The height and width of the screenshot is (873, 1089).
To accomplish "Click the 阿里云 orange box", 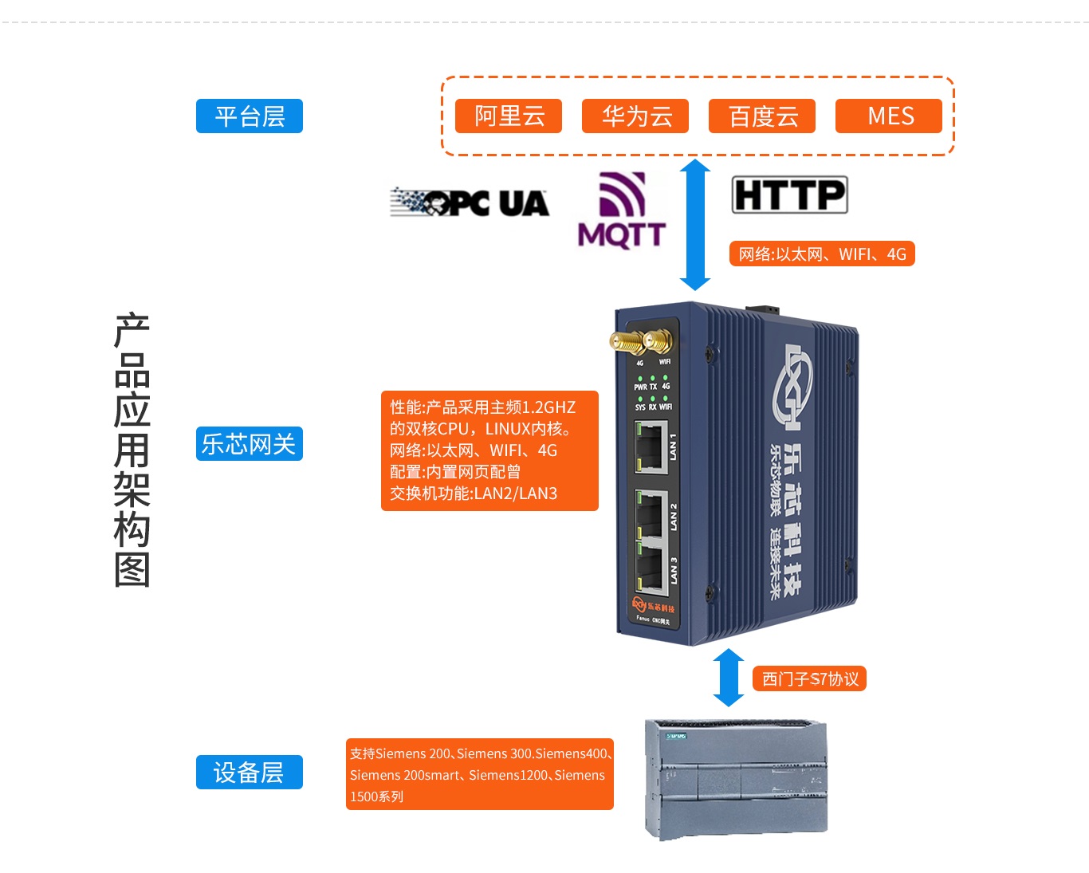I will (x=509, y=116).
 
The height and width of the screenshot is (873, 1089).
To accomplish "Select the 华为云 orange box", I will (x=635, y=116).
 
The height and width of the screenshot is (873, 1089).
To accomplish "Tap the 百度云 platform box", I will (x=762, y=116).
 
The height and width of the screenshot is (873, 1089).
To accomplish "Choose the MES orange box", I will (x=889, y=116).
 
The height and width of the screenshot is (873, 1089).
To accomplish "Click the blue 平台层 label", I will (x=250, y=116).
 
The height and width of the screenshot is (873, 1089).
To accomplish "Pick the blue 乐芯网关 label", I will (x=250, y=444).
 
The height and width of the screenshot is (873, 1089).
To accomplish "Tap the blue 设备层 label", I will (x=250, y=772).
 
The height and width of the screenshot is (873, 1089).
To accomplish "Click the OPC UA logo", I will (x=470, y=203).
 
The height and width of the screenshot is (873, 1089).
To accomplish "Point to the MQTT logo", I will (x=622, y=211).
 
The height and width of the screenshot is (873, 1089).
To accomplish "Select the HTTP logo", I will (x=789, y=195).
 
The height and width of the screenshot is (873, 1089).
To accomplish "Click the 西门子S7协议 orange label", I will (x=809, y=678).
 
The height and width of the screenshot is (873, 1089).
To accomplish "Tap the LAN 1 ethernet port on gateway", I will (x=651, y=446).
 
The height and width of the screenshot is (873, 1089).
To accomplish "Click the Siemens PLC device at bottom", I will (x=735, y=779).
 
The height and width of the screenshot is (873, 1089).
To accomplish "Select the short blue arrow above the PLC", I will (x=728, y=678).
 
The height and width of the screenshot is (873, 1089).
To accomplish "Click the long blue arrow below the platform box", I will (x=695, y=224).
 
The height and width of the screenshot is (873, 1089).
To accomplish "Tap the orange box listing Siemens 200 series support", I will (x=479, y=774).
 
